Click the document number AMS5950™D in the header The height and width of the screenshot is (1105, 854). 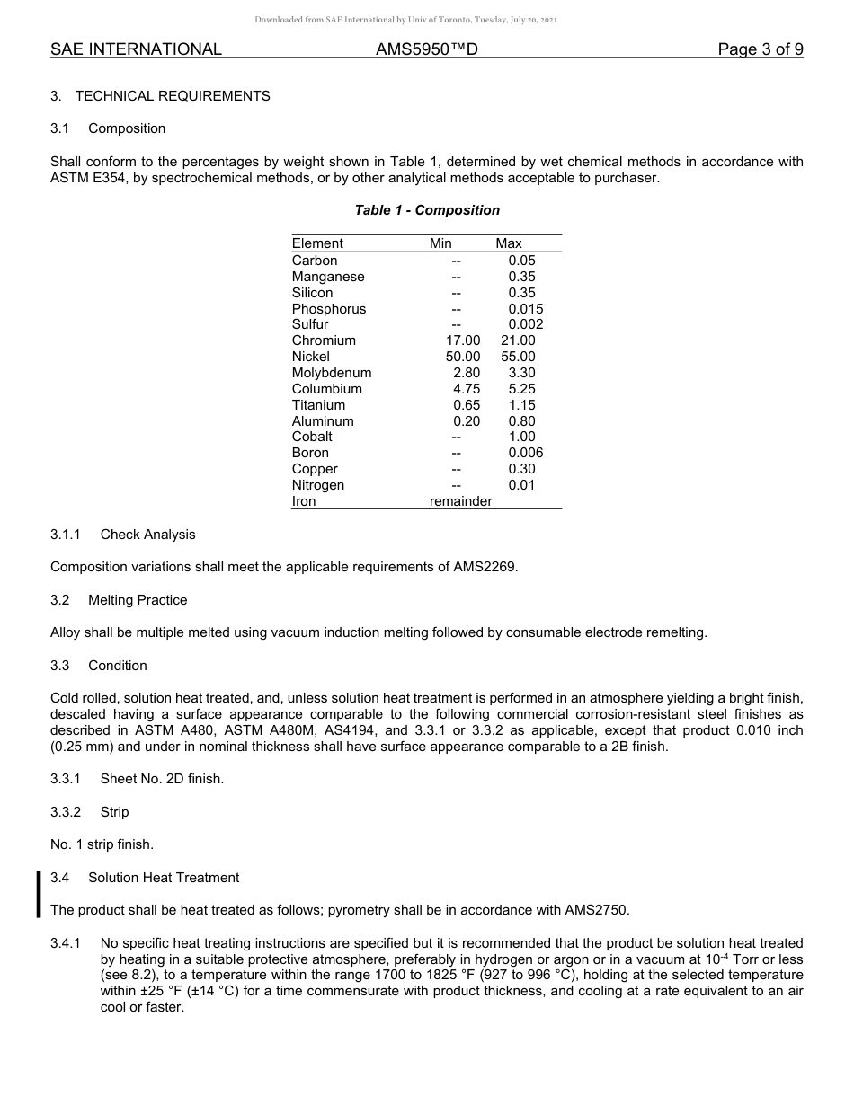[x=426, y=49]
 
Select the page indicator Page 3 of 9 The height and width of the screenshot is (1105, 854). [x=760, y=49]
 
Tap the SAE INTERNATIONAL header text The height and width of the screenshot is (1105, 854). [x=136, y=49]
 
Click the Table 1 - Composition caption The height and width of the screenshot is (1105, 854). [x=427, y=210]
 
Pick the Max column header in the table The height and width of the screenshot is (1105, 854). [x=508, y=243]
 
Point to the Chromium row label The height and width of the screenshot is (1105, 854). [x=324, y=340]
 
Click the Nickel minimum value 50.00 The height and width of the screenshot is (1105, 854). [x=463, y=357]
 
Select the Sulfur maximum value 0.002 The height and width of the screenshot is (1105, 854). [x=525, y=324]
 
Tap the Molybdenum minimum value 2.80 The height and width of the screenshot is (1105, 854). [x=467, y=373]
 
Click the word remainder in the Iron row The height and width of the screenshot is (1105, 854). [x=460, y=501]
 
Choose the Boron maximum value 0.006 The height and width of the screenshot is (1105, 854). [x=525, y=453]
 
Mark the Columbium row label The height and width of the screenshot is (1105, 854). [x=326, y=389]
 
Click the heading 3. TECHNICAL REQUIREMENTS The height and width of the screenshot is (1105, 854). [x=160, y=96]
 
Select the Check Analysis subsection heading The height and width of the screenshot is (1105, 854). [x=147, y=535]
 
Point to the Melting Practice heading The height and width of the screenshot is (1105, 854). [x=138, y=600]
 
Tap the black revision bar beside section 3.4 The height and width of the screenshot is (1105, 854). [x=39, y=894]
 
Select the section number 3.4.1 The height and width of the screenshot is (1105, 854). [x=66, y=943]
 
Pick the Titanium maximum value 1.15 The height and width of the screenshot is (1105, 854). [x=521, y=405]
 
